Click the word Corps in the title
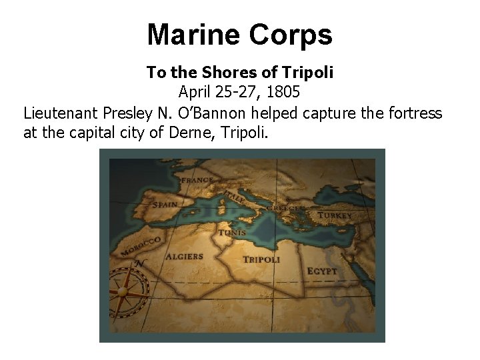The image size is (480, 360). [291, 35]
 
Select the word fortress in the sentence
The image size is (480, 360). [416, 113]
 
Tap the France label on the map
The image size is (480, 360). [197, 180]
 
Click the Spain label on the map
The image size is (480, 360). [164, 205]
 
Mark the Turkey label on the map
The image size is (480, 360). [335, 215]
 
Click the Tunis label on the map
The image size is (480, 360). [231, 233]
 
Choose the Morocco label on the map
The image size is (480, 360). [141, 247]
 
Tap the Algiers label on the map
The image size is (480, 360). [184, 256]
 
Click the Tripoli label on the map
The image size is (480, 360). [261, 259]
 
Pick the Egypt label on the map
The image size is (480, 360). [322, 271]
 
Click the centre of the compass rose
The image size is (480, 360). [123, 292]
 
